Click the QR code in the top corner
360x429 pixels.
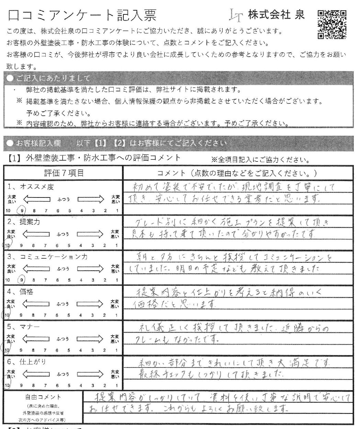[332, 24]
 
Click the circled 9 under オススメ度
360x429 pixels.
[22, 211]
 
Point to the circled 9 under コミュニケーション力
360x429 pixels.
[22, 280]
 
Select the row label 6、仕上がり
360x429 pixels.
[26, 362]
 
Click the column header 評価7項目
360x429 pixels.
[64, 173]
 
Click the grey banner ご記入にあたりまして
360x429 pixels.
[48, 78]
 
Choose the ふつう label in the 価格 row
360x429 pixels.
[63, 304]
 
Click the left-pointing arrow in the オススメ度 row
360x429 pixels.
[37, 199]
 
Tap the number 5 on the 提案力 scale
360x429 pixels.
[69, 245]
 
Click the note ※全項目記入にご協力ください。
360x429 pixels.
[260, 160]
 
